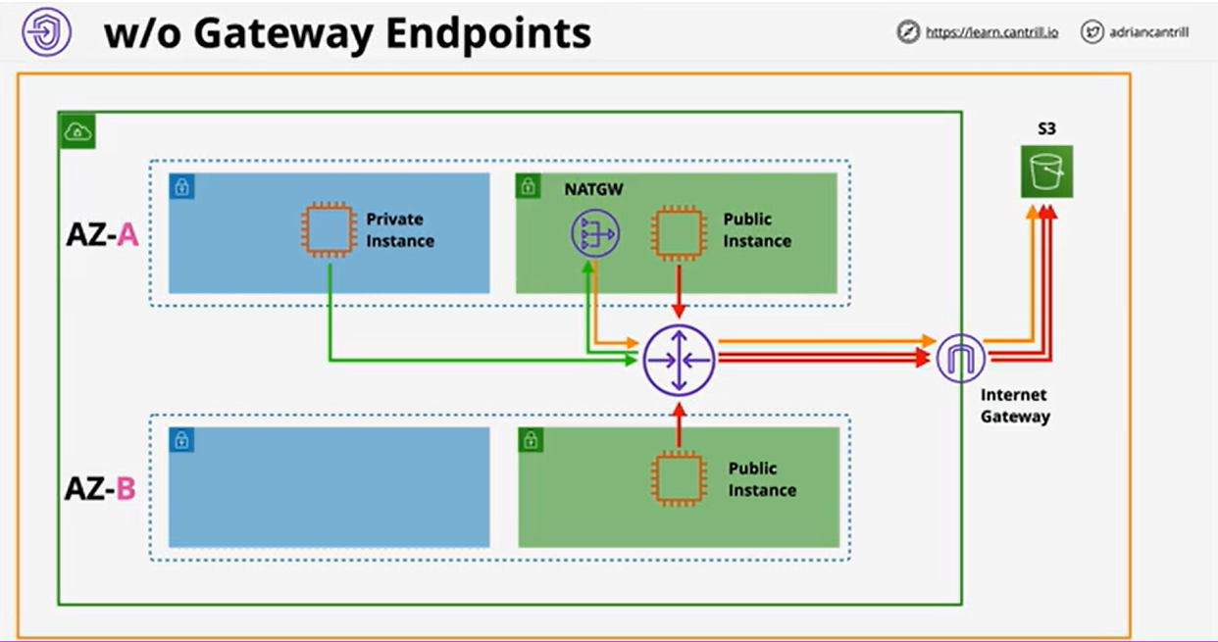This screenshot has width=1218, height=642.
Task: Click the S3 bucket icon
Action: [1046, 172]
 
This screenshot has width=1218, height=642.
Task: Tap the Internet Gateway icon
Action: [961, 360]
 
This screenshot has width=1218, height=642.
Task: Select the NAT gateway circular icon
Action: [594, 235]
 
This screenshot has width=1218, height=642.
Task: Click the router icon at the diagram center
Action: [679, 360]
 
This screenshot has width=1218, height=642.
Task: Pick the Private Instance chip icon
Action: [326, 229]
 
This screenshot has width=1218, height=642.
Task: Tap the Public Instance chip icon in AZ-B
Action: [679, 478]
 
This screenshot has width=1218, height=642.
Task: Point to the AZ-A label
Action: [101, 236]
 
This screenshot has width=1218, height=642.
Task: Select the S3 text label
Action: [1046, 128]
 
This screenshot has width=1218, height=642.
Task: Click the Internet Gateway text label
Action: [1015, 406]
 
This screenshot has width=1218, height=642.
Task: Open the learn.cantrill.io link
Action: [991, 32]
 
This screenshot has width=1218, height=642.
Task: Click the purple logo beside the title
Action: [46, 32]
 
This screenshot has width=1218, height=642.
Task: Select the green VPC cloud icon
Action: [76, 131]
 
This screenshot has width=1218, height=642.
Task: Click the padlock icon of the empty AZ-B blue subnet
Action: [181, 439]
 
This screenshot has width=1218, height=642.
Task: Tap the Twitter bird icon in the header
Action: [1092, 32]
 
